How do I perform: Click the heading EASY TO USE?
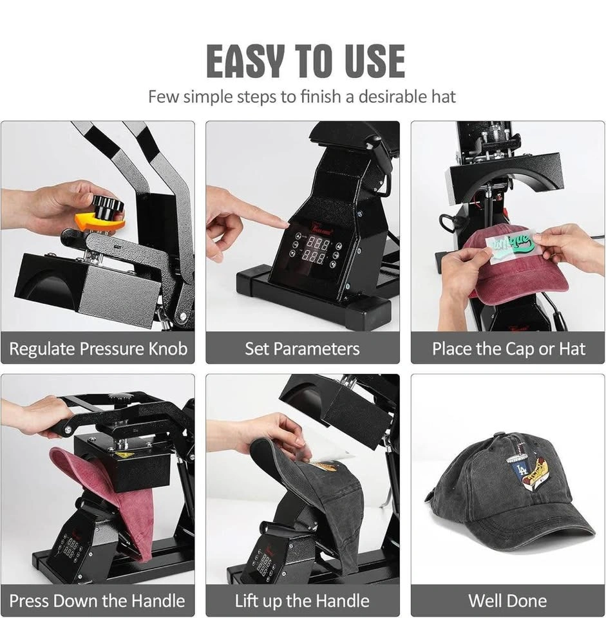pyautogui.click(x=305, y=61)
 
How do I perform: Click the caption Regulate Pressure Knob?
pyautogui.click(x=98, y=349)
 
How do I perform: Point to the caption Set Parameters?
pyautogui.click(x=302, y=349)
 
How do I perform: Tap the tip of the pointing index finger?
pyautogui.click(x=287, y=224)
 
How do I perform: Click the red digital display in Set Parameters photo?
pyautogui.click(x=316, y=250)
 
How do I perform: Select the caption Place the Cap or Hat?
pyautogui.click(x=509, y=349)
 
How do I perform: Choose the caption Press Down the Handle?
pyautogui.click(x=97, y=601)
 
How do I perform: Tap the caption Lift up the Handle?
pyautogui.click(x=302, y=601)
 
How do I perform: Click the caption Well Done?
pyautogui.click(x=507, y=601)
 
